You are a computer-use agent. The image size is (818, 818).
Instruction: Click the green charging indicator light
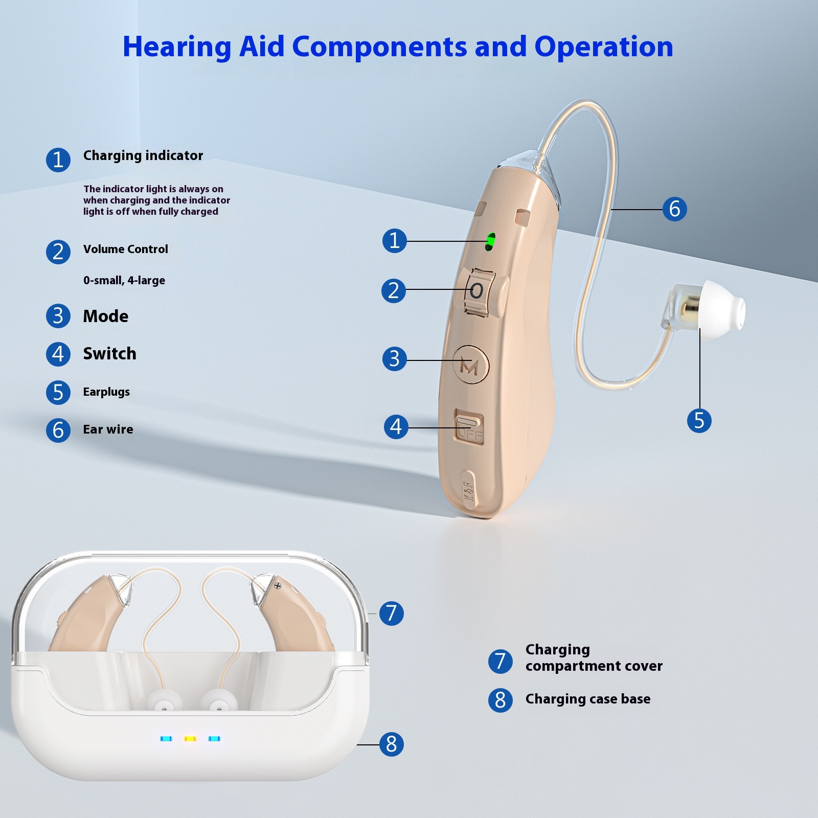pyautogui.click(x=490, y=241)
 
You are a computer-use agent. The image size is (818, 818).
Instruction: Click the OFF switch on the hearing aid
pyautogui.click(x=469, y=427)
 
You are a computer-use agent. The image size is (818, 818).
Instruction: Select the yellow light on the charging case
pyautogui.click(x=190, y=739)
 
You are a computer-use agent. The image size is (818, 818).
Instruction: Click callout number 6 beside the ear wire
pyautogui.click(x=674, y=209)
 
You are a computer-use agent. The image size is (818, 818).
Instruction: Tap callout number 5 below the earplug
pyautogui.click(x=699, y=421)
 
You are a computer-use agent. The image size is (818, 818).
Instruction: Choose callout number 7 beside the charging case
pyautogui.click(x=391, y=613)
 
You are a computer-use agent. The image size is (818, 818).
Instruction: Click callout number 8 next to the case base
pyautogui.click(x=391, y=744)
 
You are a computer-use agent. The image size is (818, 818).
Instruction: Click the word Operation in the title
pyautogui.click(x=604, y=47)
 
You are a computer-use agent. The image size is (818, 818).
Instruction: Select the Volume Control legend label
pyautogui.click(x=126, y=249)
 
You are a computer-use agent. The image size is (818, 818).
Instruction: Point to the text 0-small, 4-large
pyautogui.click(x=124, y=281)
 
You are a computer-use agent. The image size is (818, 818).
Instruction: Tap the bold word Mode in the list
pyautogui.click(x=106, y=316)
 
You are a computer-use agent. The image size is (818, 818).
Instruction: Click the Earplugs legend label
pyautogui.click(x=106, y=392)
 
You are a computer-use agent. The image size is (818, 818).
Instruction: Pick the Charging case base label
pyautogui.click(x=588, y=699)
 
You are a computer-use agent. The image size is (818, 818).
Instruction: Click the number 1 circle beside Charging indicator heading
pyautogui.click(x=58, y=160)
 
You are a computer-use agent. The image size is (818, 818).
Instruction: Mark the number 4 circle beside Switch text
pyautogui.click(x=58, y=354)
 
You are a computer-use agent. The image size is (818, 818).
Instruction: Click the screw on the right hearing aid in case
pyautogui.click(x=278, y=585)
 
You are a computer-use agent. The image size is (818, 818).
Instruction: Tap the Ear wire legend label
pyautogui.click(x=108, y=429)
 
